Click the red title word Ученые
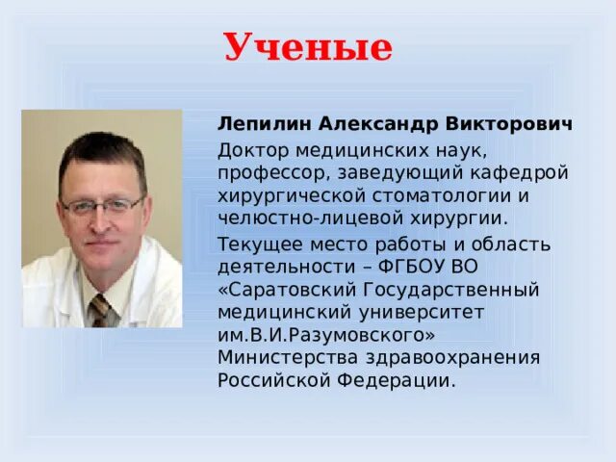(x=308, y=46)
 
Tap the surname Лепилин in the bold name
(x=254, y=125)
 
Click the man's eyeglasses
(x=104, y=205)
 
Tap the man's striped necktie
(x=101, y=310)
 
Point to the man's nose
(x=104, y=219)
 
